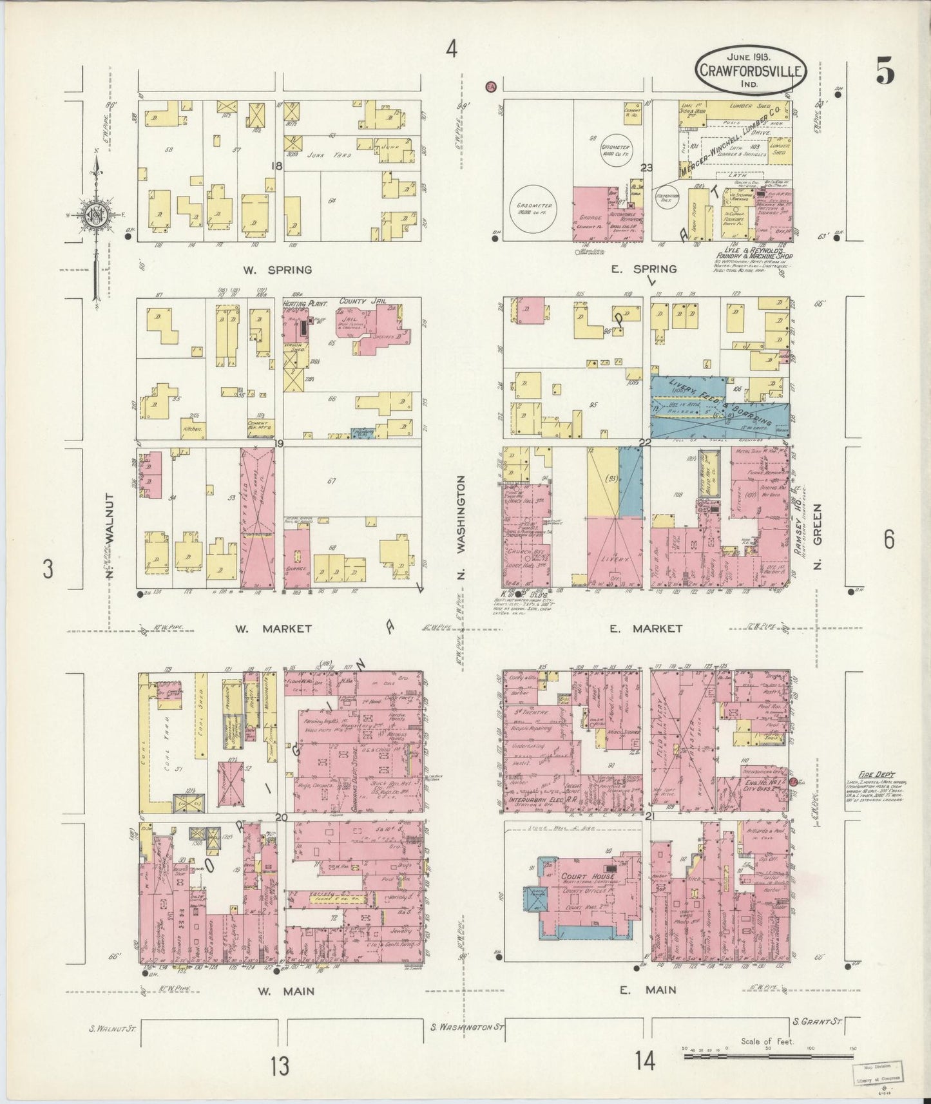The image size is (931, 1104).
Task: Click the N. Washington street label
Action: (461, 527)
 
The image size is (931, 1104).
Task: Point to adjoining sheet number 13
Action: (280, 1067)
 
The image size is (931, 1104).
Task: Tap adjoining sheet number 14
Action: (644, 1060)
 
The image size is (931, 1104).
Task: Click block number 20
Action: (280, 817)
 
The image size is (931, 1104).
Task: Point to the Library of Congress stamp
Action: (885, 1072)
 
